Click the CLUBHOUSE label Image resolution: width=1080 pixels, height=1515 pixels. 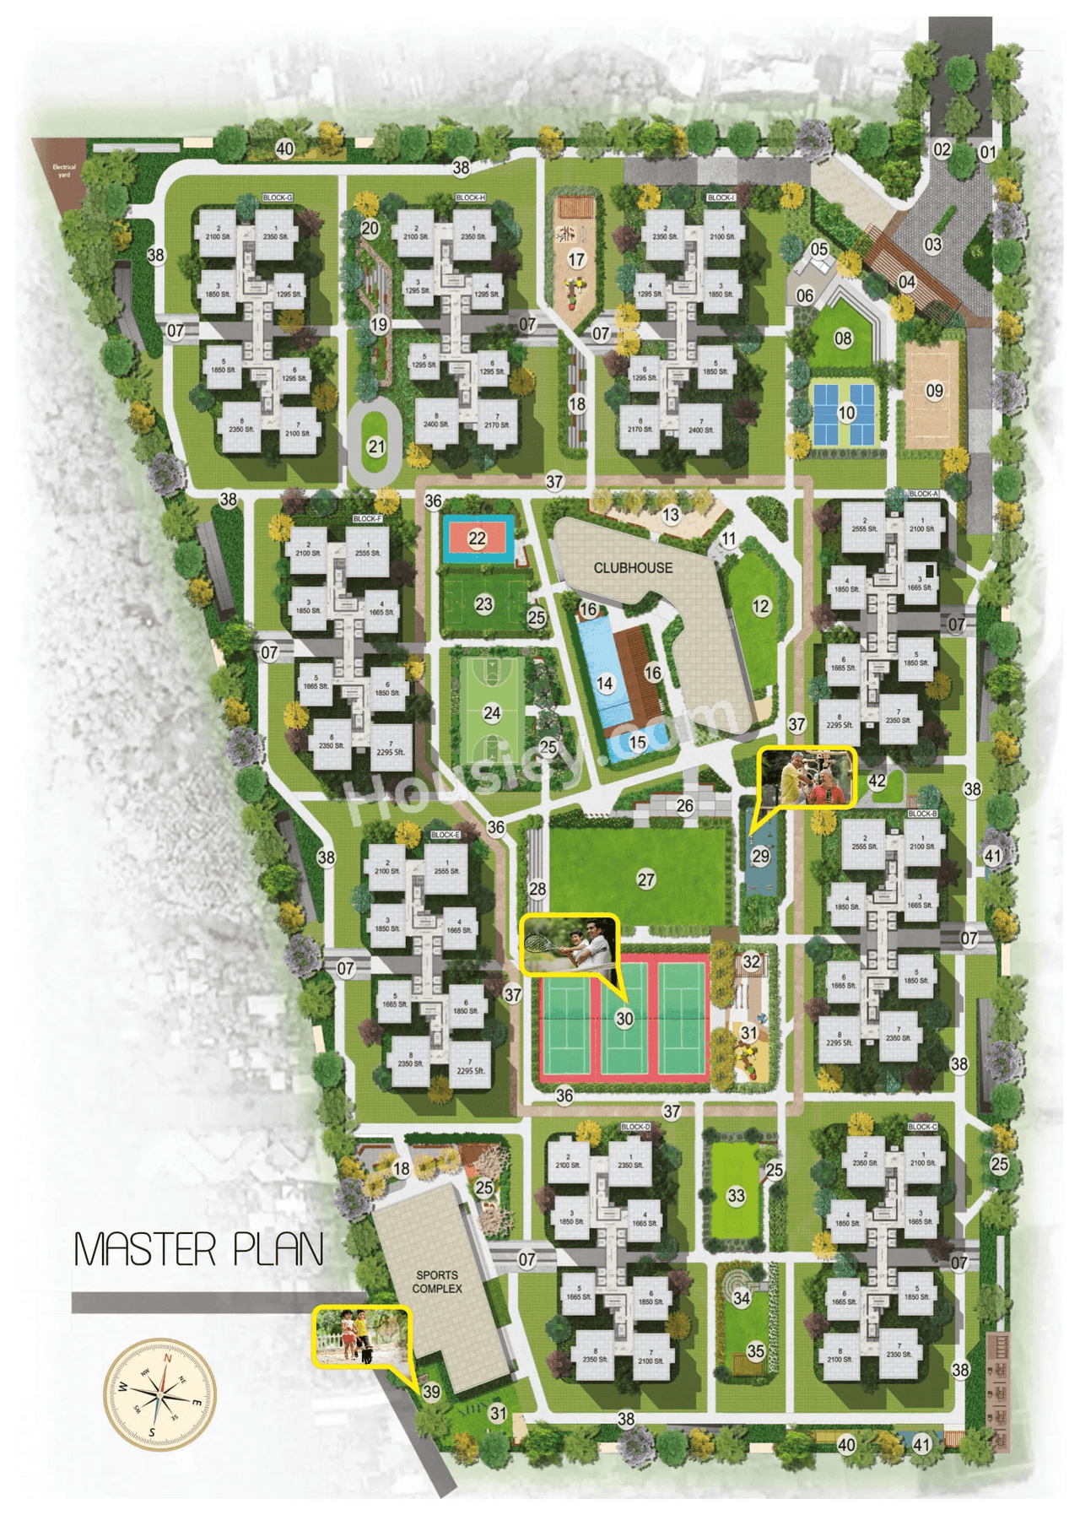(633, 568)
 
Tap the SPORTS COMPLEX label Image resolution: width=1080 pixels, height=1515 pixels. (437, 1281)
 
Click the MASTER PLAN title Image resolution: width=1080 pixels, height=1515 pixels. (199, 1249)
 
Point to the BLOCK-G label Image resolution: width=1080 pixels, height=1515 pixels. (277, 197)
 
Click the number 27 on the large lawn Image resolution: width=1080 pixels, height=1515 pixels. (646, 879)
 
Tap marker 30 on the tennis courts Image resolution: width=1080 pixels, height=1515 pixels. (624, 1019)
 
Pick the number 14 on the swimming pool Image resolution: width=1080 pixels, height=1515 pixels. (605, 683)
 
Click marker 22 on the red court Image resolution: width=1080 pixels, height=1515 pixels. (478, 538)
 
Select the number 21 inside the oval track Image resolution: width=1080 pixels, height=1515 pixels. (376, 446)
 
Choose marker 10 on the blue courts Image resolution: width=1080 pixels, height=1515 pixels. (846, 413)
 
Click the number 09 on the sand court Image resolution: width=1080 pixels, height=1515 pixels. (934, 391)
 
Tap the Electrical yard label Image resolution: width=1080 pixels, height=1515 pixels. (64, 170)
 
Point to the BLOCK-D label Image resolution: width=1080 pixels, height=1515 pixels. (635, 1127)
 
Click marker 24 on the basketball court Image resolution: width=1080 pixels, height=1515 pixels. (492, 713)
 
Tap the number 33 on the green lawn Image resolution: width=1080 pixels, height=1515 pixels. (737, 1195)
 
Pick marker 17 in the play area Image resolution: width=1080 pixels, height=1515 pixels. (576, 259)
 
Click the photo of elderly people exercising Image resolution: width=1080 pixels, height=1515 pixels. (807, 777)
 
